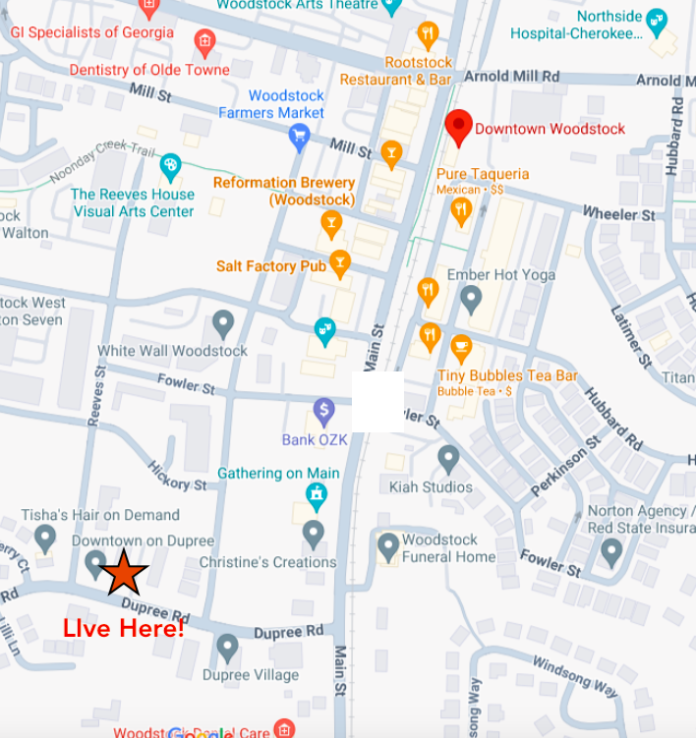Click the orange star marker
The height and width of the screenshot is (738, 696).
pos(123,573)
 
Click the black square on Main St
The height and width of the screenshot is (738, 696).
pos(377,402)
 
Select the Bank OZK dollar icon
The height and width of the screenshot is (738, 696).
pos(323,411)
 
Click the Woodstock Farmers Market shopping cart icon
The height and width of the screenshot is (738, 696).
pos(300,137)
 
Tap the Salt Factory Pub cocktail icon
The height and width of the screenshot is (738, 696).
pos(340,261)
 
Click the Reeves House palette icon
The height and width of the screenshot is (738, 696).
pos(171,166)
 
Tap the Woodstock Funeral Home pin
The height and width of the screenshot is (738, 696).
pos(388,545)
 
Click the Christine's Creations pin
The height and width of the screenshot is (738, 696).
pos(313,535)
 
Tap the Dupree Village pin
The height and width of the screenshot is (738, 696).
pos(227,648)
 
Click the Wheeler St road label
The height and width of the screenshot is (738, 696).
pos(618,213)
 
